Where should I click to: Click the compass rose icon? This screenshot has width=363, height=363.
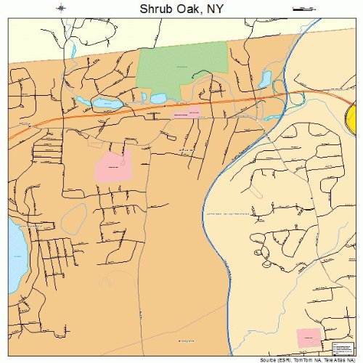point(61,8)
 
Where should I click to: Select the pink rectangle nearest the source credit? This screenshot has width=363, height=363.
point(308,337)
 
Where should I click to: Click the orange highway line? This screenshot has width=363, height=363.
point(109,116)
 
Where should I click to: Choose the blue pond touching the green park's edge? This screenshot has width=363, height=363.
point(158,97)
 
